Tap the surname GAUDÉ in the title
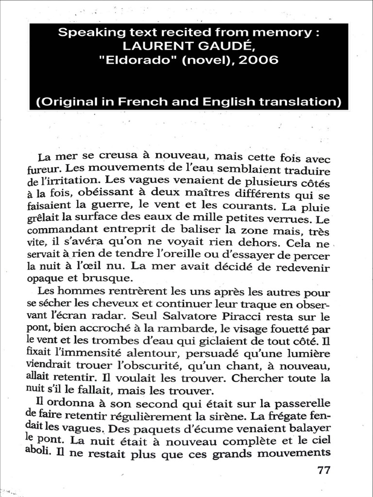[221, 47]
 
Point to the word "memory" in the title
[294, 33]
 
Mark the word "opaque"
[45, 279]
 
